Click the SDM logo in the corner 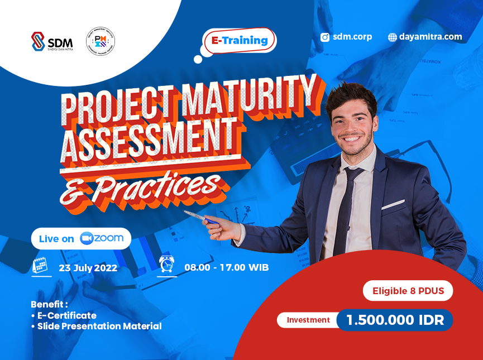(x=52, y=41)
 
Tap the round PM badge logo (x=101, y=42)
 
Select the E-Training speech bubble (x=240, y=41)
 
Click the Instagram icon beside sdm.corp (x=325, y=37)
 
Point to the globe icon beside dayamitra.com (x=393, y=37)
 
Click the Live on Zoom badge (x=81, y=238)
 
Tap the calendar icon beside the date (x=40, y=265)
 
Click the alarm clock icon (x=166, y=264)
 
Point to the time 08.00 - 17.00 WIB (x=226, y=267)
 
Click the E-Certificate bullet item (x=66, y=316)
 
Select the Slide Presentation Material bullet (x=99, y=326)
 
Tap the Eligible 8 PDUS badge (x=408, y=291)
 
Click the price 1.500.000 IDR (x=395, y=320)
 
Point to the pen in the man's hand (x=201, y=218)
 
